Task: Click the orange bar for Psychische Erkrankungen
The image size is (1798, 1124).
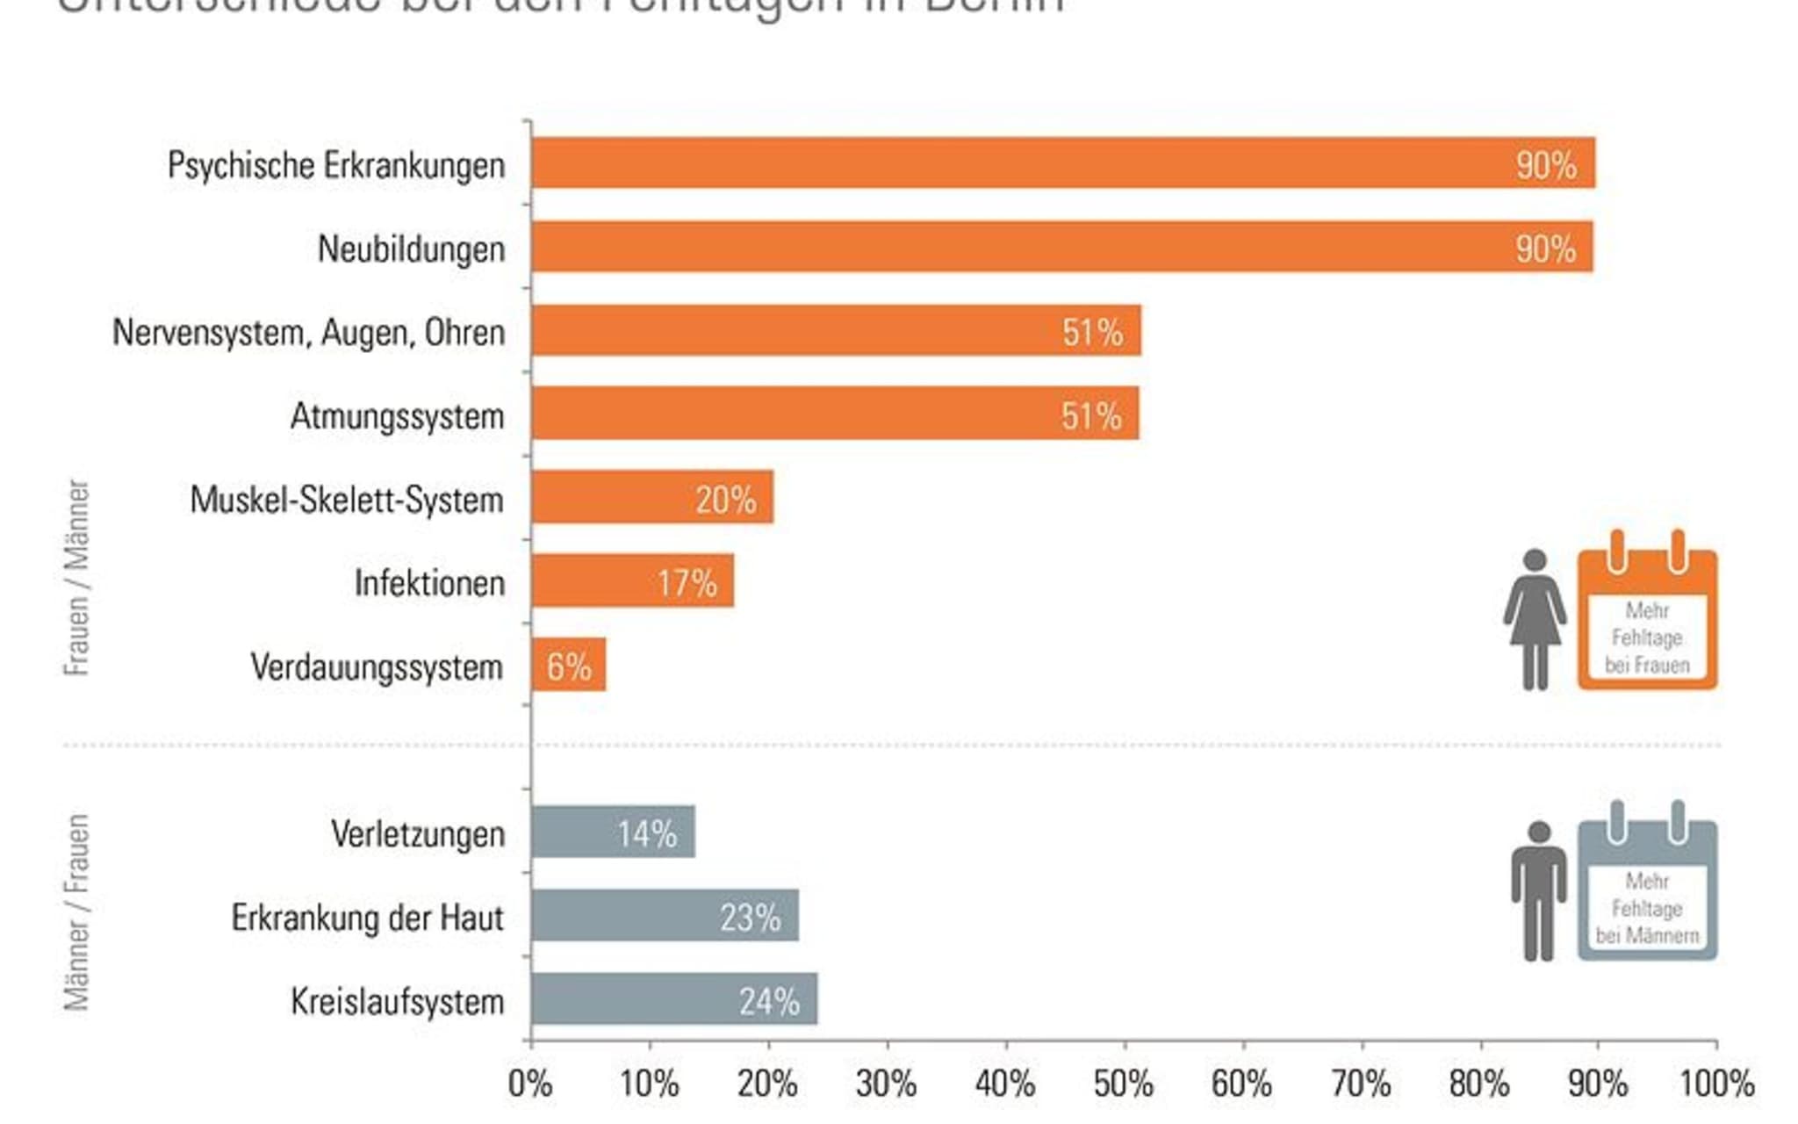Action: coord(1062,163)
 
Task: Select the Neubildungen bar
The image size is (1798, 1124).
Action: coord(1062,247)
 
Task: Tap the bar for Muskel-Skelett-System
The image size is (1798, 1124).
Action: coord(651,498)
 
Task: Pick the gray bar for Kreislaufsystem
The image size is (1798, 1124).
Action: coord(673,999)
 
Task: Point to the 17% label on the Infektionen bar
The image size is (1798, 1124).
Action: coord(687,583)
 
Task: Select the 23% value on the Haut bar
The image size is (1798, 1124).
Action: coord(750,918)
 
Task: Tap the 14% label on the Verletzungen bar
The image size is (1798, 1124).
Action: coord(647,833)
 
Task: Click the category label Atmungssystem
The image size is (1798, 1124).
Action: coord(397,416)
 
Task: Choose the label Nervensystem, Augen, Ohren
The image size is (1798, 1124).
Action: coord(308,333)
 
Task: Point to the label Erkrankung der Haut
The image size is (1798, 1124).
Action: coord(367,918)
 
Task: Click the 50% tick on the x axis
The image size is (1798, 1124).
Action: coord(1124,1084)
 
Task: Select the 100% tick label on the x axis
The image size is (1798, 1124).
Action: coord(1716,1084)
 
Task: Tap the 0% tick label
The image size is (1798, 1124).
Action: coord(530,1084)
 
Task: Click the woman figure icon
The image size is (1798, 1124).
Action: coord(1535,619)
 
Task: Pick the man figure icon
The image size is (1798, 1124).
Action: coord(1538,890)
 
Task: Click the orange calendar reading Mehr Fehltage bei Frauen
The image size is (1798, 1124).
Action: coord(1647,619)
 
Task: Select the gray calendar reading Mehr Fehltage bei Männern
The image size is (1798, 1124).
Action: coord(1647,890)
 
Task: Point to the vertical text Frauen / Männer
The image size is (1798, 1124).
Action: coord(77,577)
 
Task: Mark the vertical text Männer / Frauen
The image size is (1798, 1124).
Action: coord(77,913)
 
